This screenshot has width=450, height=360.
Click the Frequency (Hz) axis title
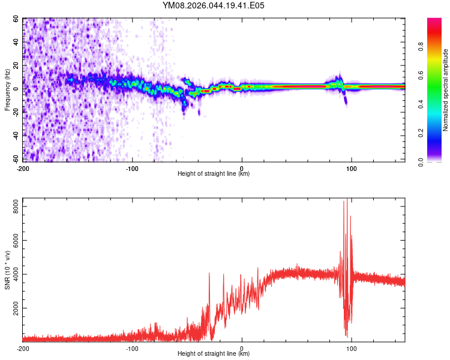(x=7, y=89)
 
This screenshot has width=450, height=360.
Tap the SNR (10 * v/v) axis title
(x=7, y=269)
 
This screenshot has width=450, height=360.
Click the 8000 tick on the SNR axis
(x=14, y=206)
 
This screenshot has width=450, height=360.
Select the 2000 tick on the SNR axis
(x=14, y=308)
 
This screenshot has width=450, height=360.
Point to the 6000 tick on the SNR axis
(x=14, y=240)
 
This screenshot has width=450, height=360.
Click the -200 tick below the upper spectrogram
(x=23, y=169)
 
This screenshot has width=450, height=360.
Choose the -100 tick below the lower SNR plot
(x=132, y=349)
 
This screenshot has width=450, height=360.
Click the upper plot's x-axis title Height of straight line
(x=214, y=174)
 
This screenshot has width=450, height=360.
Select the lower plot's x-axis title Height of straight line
(x=214, y=354)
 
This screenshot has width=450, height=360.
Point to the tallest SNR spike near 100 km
(x=347, y=199)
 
